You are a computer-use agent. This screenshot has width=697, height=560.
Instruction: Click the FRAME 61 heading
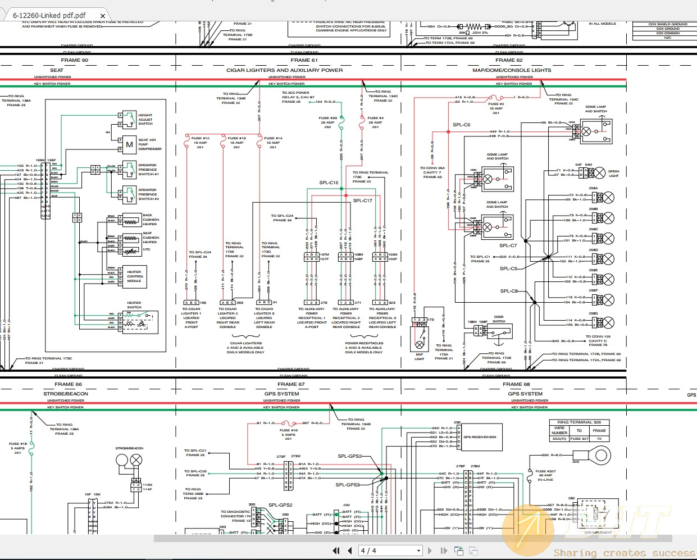[x=304, y=60]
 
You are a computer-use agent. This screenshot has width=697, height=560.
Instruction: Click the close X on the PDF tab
[x=103, y=16]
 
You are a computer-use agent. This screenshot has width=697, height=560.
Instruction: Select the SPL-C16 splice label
[x=329, y=183]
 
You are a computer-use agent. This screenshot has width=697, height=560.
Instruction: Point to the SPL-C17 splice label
[x=362, y=201]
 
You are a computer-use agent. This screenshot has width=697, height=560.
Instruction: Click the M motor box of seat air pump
[x=130, y=144]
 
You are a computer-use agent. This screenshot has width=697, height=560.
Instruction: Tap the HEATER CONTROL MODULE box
[x=135, y=276]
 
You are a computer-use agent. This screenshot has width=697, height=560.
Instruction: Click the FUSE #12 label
[x=201, y=138]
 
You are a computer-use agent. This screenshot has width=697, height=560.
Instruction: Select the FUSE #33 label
[x=327, y=118]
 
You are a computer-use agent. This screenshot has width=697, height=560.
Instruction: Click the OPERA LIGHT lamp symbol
[x=600, y=172]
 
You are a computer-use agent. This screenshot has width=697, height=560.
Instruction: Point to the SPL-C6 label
[x=461, y=125]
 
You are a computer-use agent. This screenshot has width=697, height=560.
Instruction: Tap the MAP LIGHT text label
[x=420, y=357]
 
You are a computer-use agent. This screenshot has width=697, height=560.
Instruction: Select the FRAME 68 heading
[x=516, y=384]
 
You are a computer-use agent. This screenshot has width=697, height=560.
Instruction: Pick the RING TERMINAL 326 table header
[x=578, y=422]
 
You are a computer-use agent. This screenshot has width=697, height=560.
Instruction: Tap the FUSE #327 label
[x=545, y=471]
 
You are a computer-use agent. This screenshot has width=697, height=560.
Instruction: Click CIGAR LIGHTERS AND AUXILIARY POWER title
[x=284, y=70]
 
